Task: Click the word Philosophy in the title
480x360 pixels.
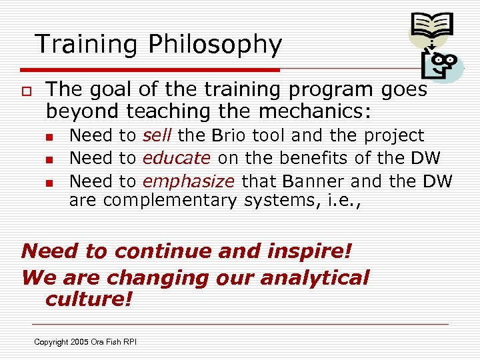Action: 215,45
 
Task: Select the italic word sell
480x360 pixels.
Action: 158,136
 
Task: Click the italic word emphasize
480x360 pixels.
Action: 189,181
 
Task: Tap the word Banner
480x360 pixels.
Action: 311,181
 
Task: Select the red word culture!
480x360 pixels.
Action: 89,299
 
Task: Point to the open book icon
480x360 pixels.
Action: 431,26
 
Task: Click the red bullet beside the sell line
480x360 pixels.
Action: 49,137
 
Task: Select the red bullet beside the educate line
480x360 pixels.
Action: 49,159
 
